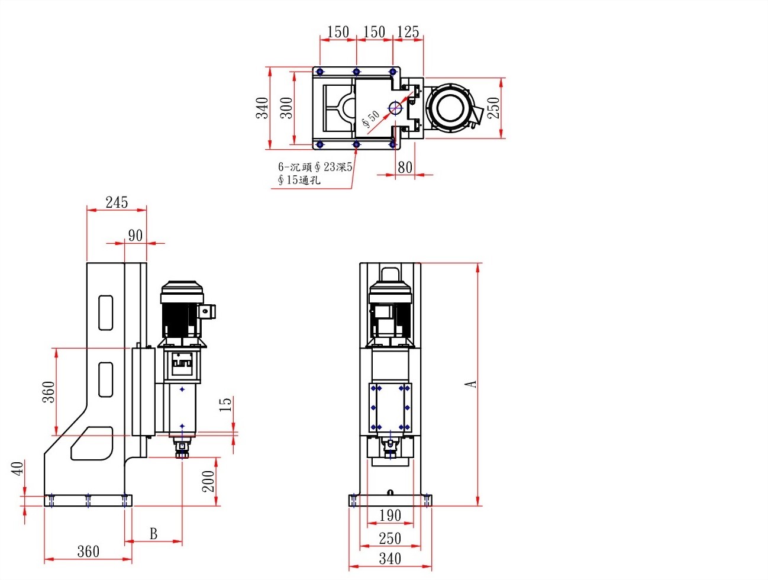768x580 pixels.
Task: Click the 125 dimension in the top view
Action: coord(408,32)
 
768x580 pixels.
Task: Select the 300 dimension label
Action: coord(286,108)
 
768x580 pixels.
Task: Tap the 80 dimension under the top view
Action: coord(405,167)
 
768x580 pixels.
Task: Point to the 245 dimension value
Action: coord(117,202)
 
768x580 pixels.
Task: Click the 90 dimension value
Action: coord(135,236)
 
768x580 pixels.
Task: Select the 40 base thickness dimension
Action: coord(18,468)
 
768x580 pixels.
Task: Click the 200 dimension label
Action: coord(208,481)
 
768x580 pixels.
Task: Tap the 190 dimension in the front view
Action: coord(390,515)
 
